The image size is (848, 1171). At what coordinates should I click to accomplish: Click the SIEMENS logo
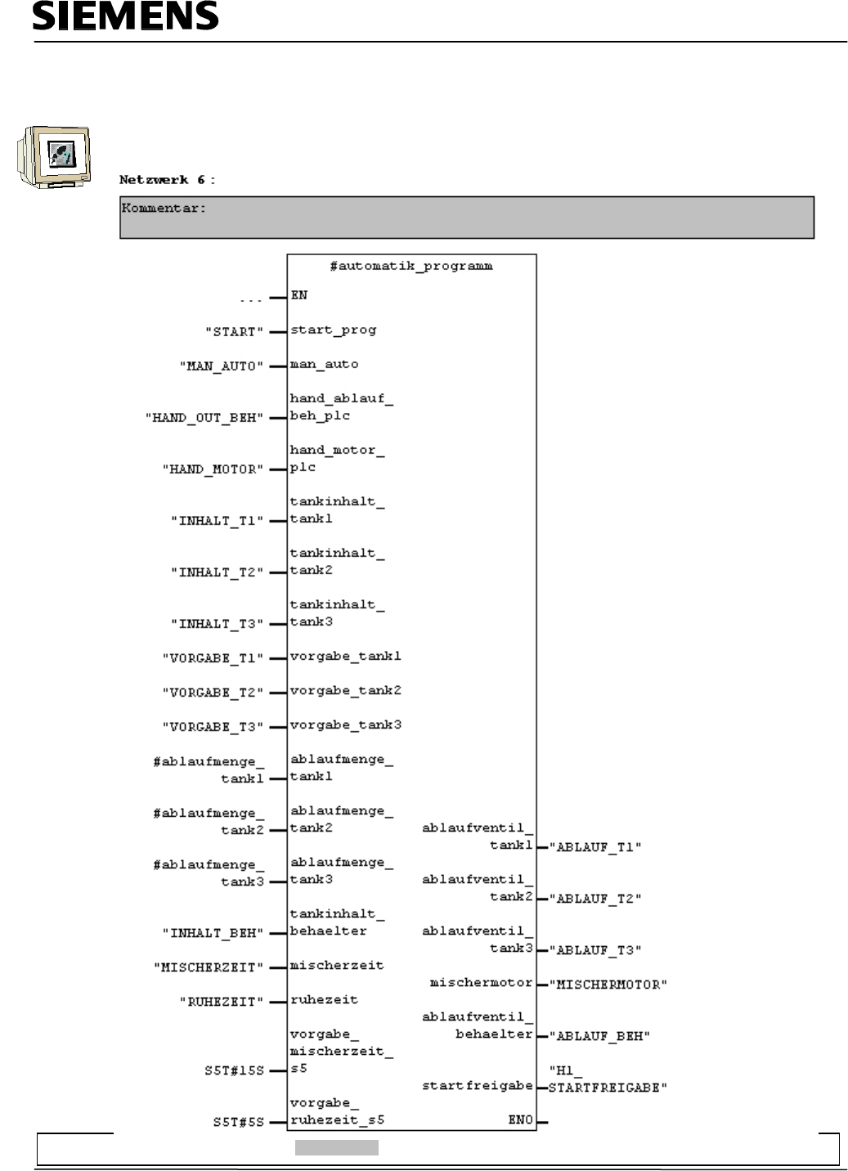(x=125, y=16)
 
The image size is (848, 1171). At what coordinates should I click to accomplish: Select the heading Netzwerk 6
(x=167, y=179)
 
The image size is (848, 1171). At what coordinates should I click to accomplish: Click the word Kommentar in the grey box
(x=164, y=208)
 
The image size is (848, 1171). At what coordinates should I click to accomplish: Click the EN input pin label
(x=299, y=295)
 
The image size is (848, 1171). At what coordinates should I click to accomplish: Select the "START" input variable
(x=234, y=331)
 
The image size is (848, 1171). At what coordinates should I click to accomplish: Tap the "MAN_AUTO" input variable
(x=221, y=366)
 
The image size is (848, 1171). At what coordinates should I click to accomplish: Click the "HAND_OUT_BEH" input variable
(x=204, y=417)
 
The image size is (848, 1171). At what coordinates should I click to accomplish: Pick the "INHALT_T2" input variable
(x=217, y=572)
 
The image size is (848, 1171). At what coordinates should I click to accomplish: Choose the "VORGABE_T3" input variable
(x=213, y=726)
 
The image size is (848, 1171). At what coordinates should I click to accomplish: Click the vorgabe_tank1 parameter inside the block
(x=346, y=657)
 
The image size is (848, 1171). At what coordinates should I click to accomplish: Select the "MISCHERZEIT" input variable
(x=209, y=967)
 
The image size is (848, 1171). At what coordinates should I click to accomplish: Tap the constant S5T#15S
(x=234, y=1070)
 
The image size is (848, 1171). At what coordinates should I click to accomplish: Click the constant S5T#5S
(x=238, y=1122)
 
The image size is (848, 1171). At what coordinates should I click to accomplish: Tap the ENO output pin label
(x=520, y=1119)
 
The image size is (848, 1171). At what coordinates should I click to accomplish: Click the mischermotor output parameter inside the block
(x=481, y=983)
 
